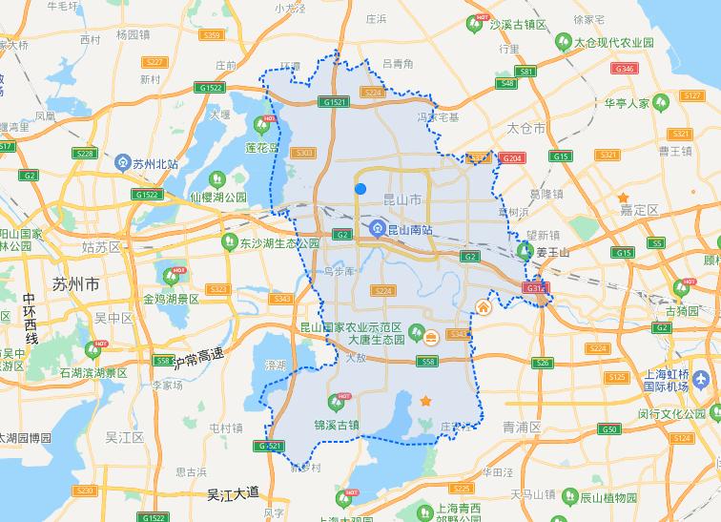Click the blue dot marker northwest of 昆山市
(360, 188)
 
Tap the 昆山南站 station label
(409, 229)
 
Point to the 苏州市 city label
(74, 284)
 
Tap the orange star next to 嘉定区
(624, 198)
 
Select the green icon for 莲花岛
(261, 125)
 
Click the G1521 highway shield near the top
(335, 102)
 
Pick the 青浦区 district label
(522, 427)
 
